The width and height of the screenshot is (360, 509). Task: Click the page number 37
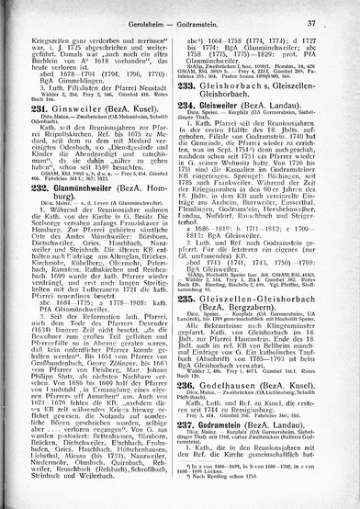pos(337,21)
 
